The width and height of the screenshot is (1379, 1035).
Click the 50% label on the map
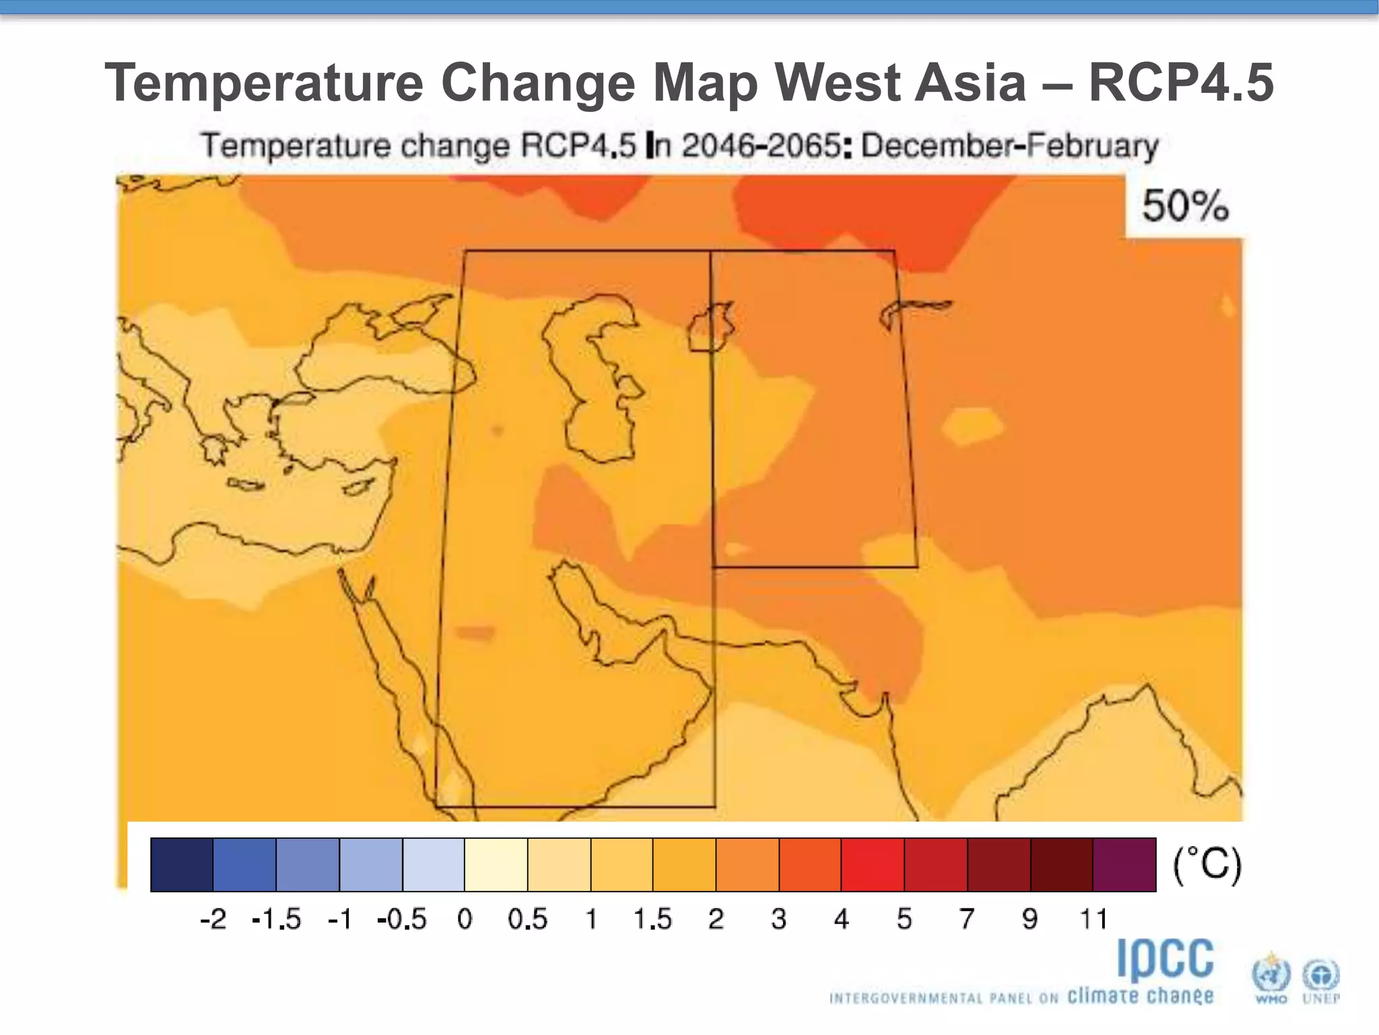tap(1184, 206)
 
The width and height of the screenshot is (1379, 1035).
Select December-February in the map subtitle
tap(1009, 146)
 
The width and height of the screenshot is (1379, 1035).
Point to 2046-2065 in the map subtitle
tap(761, 146)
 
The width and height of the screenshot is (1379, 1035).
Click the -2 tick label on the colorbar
tap(213, 919)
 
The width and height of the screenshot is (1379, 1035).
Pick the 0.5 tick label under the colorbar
tap(527, 919)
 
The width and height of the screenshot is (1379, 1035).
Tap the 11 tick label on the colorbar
tap(1093, 919)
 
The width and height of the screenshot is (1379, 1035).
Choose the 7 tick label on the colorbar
tap(967, 919)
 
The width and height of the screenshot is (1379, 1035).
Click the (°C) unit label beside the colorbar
tap(1207, 865)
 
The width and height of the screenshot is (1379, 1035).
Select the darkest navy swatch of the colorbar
tap(182, 865)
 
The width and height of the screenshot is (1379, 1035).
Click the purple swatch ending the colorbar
tap(1124, 865)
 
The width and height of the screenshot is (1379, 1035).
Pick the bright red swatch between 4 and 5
tap(873, 865)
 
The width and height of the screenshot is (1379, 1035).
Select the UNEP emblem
tap(1320, 977)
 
